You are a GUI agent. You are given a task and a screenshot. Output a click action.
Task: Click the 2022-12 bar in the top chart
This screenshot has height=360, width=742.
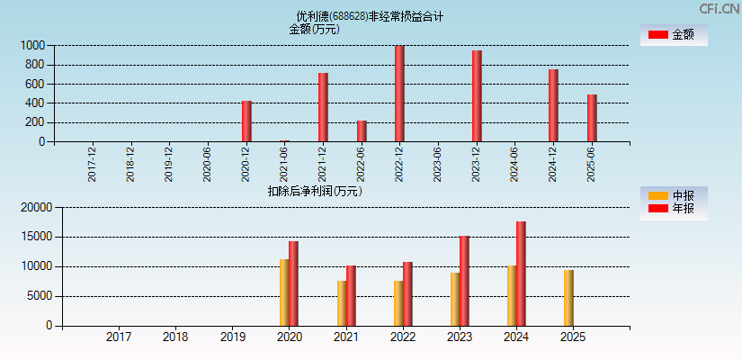click(399, 94)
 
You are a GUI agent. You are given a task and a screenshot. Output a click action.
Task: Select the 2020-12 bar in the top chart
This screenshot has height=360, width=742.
click(246, 121)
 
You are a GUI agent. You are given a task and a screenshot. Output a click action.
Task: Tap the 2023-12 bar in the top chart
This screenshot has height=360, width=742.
click(477, 95)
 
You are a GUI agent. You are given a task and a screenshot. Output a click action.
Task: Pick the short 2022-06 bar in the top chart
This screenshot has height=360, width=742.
click(362, 130)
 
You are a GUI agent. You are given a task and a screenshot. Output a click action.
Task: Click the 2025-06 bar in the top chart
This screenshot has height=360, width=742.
click(592, 118)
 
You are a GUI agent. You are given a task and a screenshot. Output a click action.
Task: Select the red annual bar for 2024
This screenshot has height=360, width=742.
click(521, 274)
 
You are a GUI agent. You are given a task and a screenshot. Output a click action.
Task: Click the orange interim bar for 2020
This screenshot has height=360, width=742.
click(284, 292)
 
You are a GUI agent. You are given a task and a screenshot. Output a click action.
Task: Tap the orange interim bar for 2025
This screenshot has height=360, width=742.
click(568, 298)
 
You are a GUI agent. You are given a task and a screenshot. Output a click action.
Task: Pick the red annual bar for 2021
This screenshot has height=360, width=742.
click(351, 295)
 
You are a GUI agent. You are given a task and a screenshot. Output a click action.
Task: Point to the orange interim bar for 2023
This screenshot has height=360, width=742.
click(455, 299)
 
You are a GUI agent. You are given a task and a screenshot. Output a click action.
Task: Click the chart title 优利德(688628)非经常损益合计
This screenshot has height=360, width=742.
click(370, 16)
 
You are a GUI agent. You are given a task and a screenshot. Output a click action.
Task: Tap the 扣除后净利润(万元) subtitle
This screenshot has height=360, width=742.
click(315, 191)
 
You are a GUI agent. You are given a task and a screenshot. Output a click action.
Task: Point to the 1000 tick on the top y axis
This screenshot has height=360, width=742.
click(33, 45)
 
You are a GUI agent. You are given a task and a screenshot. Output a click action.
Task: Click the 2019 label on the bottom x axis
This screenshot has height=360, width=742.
click(232, 337)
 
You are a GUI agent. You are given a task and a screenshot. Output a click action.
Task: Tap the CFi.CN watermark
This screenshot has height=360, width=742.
click(719, 8)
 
